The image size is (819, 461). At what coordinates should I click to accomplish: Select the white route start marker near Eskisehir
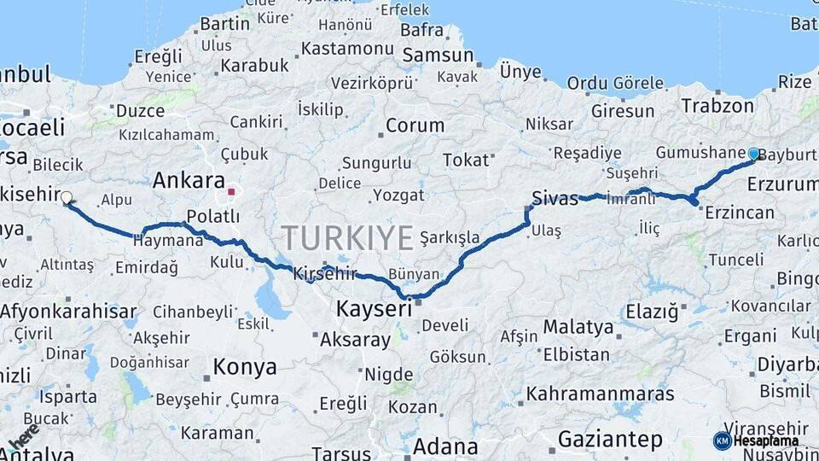pos(67,197)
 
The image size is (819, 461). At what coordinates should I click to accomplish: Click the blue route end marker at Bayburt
pos(753,154)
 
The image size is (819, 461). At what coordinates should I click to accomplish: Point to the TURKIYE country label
pos(347,237)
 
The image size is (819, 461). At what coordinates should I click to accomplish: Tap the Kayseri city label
pos(374,308)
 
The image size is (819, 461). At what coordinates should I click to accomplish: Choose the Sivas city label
pos(555,197)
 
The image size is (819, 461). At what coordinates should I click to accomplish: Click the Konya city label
pos(245,367)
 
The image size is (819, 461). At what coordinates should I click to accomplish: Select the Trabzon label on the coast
pos(717,106)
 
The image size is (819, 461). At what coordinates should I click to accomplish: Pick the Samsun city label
pos(438,55)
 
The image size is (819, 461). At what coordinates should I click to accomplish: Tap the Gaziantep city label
pos(609,440)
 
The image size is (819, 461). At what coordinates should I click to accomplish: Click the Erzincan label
pos(740,213)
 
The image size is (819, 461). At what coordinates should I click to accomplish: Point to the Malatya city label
pos(578,326)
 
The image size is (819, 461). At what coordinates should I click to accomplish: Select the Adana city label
pos(445,446)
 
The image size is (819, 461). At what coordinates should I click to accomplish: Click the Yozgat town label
pos(398,195)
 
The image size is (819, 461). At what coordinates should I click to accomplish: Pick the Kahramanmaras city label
pos(600,394)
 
